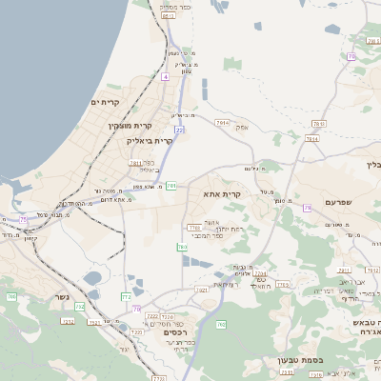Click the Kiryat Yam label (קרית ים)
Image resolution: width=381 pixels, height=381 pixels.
tap(108, 102)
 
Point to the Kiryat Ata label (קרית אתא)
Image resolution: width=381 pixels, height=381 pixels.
tap(222, 193)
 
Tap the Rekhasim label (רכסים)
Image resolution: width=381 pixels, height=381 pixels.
tap(174, 331)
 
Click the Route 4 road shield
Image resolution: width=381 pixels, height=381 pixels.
tap(165, 75)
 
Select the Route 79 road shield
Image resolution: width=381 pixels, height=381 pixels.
tap(307, 207)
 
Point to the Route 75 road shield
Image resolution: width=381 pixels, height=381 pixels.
tap(22, 220)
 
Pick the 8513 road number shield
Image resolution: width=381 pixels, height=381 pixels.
tap(168, 16)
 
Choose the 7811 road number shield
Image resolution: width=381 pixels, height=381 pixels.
tap(136, 163)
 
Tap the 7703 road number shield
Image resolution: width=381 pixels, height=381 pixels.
tap(194, 228)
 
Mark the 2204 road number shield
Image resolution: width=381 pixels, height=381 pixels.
tap(260, 274)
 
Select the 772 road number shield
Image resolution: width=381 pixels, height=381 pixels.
tap(126, 297)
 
